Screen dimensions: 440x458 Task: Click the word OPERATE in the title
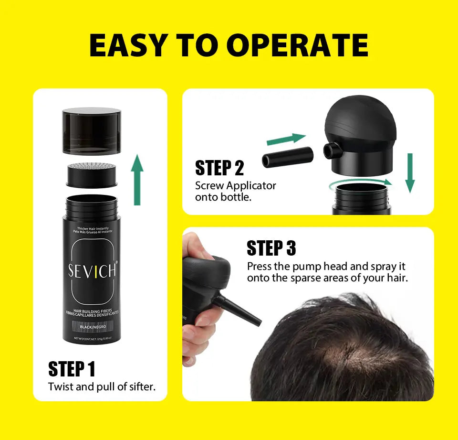297,45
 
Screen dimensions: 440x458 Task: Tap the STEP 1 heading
72,369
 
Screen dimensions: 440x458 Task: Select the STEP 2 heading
219,168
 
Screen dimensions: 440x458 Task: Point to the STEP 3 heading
271,248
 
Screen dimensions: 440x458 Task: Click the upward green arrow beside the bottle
137,179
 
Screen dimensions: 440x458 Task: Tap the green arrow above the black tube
285,139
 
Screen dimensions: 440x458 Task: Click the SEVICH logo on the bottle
92,270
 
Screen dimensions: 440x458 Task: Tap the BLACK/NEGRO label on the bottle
93,327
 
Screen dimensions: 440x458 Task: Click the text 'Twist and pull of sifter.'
102,386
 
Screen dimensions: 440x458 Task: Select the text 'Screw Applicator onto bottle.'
235,191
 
